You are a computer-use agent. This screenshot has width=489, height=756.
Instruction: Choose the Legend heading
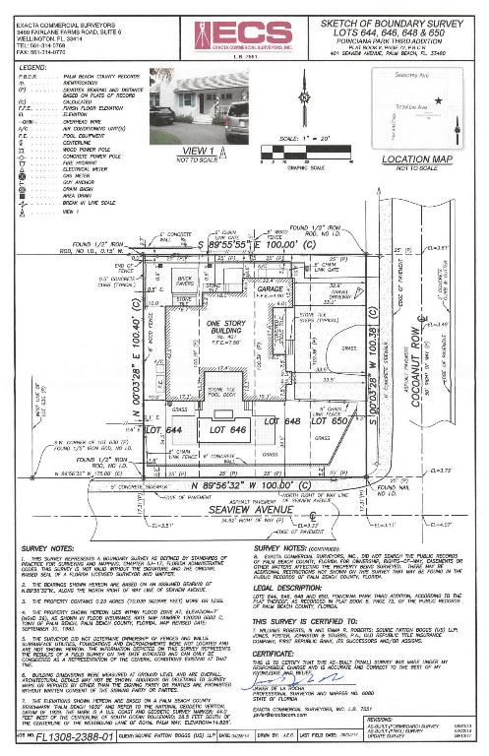[x=32, y=67]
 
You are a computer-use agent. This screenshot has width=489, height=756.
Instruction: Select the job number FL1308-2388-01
[x=58, y=744]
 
